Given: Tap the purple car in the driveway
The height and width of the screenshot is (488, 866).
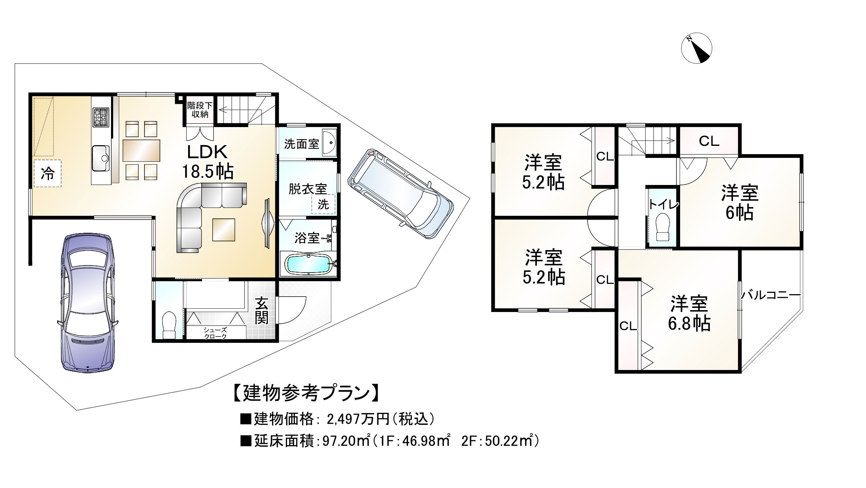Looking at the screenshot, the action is [88, 303].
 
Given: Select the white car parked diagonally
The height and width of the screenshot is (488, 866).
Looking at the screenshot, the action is [401, 194].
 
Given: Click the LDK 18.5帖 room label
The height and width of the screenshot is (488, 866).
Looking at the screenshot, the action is [208, 162].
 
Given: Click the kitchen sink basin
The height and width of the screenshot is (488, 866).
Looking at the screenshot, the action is [100, 158].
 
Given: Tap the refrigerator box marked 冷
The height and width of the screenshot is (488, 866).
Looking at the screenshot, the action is [47, 173].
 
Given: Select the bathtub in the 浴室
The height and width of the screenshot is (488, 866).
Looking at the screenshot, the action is [308, 264].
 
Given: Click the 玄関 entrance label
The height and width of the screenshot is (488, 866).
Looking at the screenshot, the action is [261, 311].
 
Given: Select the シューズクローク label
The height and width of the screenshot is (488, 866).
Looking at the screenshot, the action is [215, 333].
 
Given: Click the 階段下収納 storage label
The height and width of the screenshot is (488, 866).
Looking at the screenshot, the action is [200, 110].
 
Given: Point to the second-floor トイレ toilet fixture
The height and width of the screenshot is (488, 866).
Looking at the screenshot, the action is [662, 227].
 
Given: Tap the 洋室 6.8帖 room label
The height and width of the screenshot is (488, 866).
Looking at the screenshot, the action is [689, 314].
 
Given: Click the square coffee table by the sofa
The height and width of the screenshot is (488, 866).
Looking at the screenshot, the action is [224, 230].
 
